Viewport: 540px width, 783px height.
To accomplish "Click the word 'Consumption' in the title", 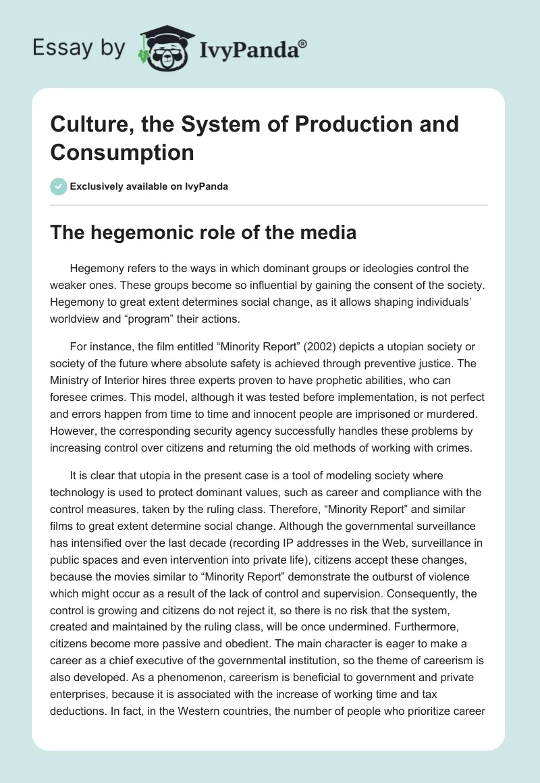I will pos(122,153).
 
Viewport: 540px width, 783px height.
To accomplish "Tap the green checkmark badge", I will pos(59,186).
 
